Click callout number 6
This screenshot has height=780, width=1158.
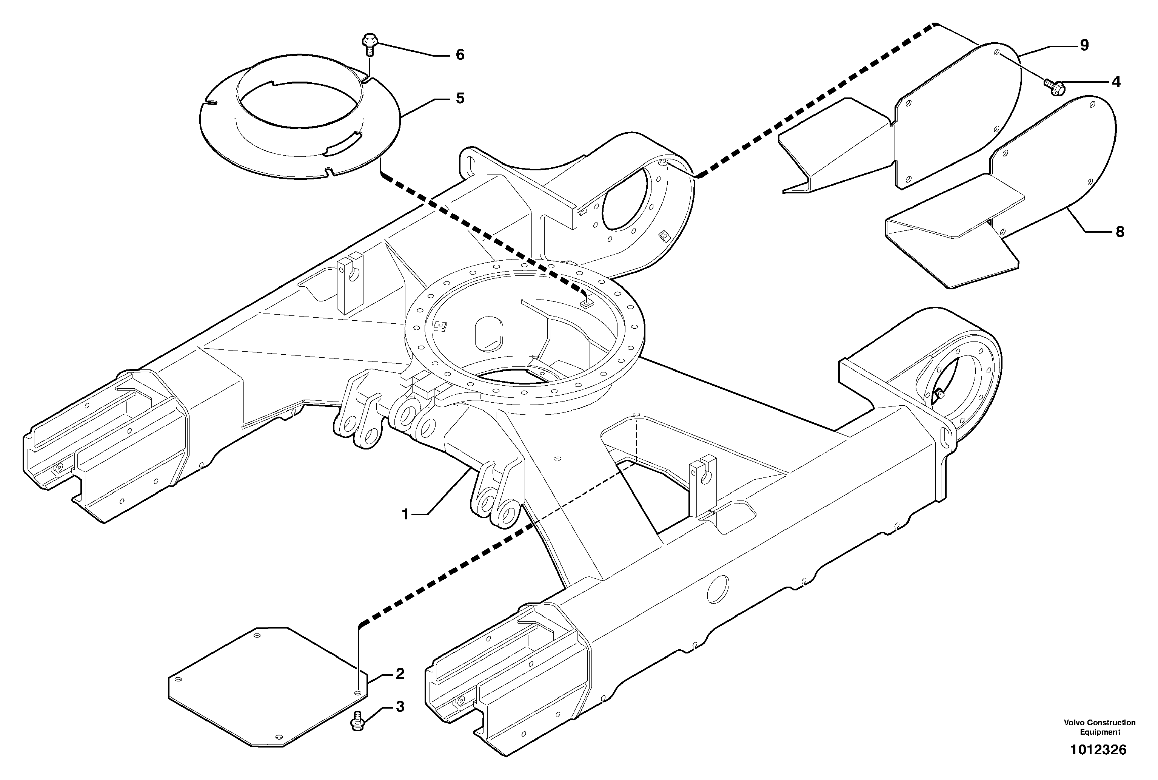click(460, 55)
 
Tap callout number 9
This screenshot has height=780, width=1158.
click(1084, 45)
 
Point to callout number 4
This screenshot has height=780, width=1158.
click(1116, 82)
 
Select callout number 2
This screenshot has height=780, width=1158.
click(400, 674)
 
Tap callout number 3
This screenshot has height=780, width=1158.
click(400, 706)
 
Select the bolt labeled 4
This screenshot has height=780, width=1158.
click(1053, 88)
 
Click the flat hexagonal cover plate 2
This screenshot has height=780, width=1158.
click(268, 686)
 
